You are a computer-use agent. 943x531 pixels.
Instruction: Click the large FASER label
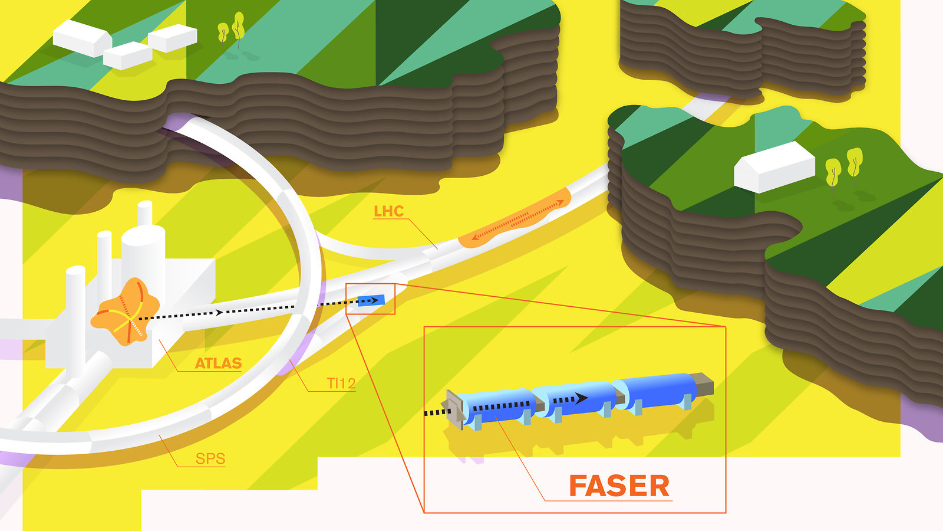(619, 486)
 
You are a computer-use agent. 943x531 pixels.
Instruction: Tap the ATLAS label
(218, 363)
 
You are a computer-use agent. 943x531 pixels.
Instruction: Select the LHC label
(388, 211)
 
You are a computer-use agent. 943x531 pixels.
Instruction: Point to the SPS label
(210, 458)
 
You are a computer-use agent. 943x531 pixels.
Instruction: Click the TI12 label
(341, 383)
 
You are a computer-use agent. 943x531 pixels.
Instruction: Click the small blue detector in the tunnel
(371, 300)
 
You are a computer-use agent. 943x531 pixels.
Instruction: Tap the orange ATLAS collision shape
(125, 311)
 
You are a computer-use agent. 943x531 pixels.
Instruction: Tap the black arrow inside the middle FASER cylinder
(580, 398)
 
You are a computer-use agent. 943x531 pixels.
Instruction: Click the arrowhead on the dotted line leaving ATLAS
(219, 312)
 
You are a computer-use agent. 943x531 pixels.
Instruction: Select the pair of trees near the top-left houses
(232, 28)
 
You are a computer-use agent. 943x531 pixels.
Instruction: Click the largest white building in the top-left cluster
(83, 38)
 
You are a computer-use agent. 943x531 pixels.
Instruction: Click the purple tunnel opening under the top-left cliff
(176, 123)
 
